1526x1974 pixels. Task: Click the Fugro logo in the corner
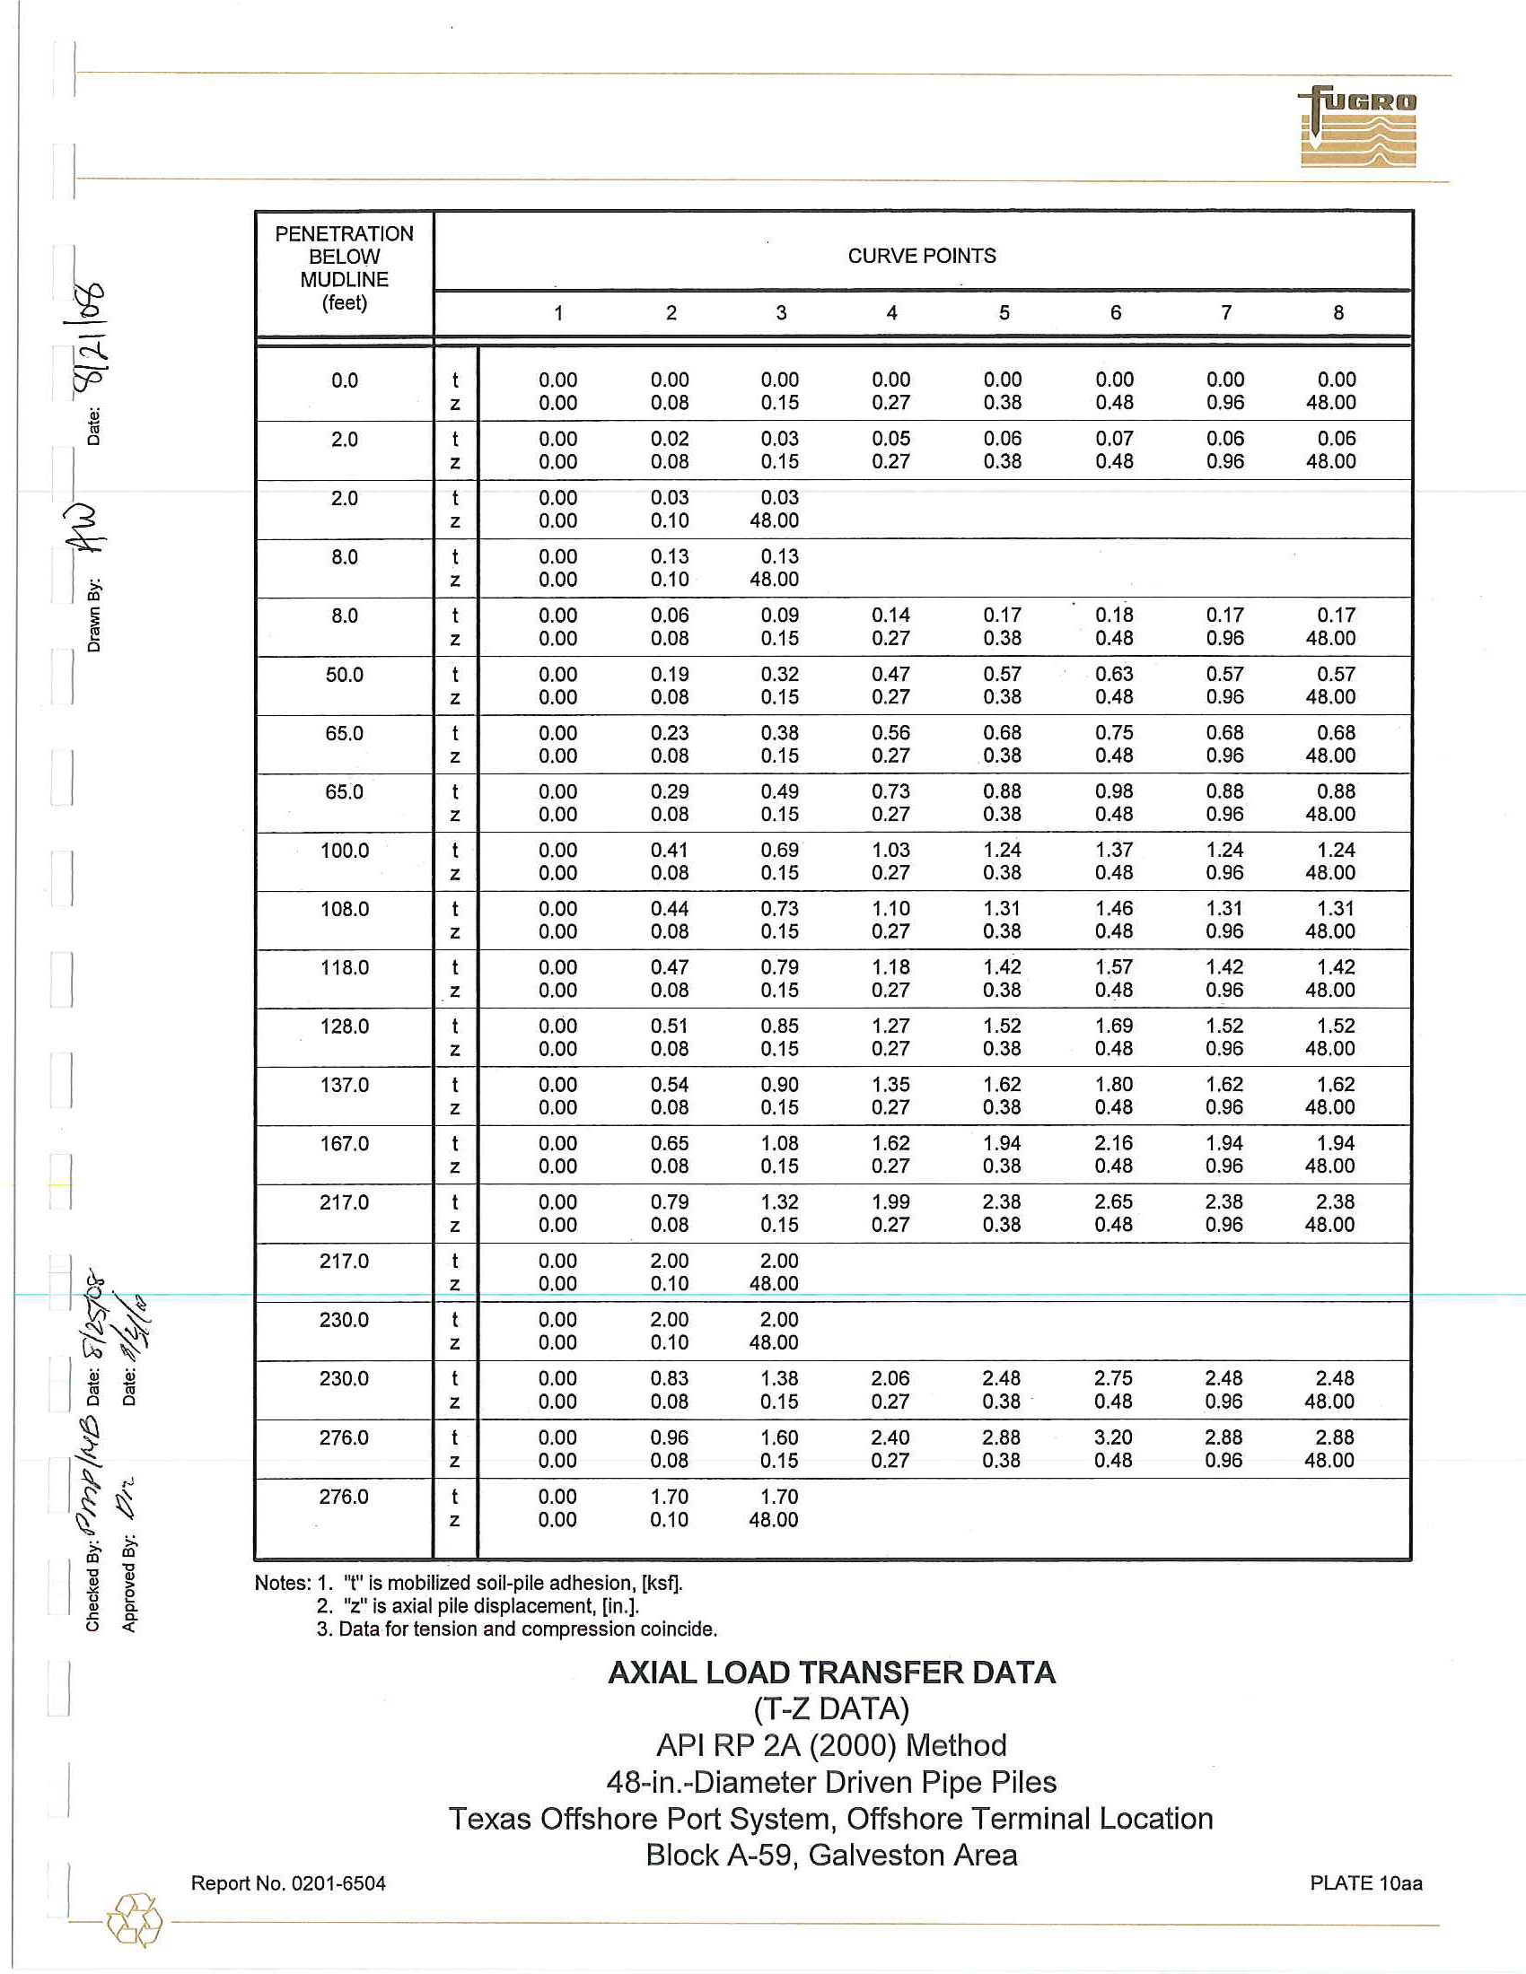1358,127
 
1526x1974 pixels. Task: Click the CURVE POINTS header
921,256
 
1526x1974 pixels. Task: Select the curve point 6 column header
1115,313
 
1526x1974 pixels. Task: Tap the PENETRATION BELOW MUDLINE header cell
345,268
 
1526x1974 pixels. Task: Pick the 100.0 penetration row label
345,851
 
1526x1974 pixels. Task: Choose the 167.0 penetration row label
345,1144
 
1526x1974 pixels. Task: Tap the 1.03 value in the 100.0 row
890,851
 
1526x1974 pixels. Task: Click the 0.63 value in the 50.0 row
1114,674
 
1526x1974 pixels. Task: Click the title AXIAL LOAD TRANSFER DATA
831,1673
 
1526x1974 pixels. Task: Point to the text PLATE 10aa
1365,1882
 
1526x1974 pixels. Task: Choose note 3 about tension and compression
516,1629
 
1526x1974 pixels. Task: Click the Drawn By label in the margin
94,616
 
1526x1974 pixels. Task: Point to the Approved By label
129,1584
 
